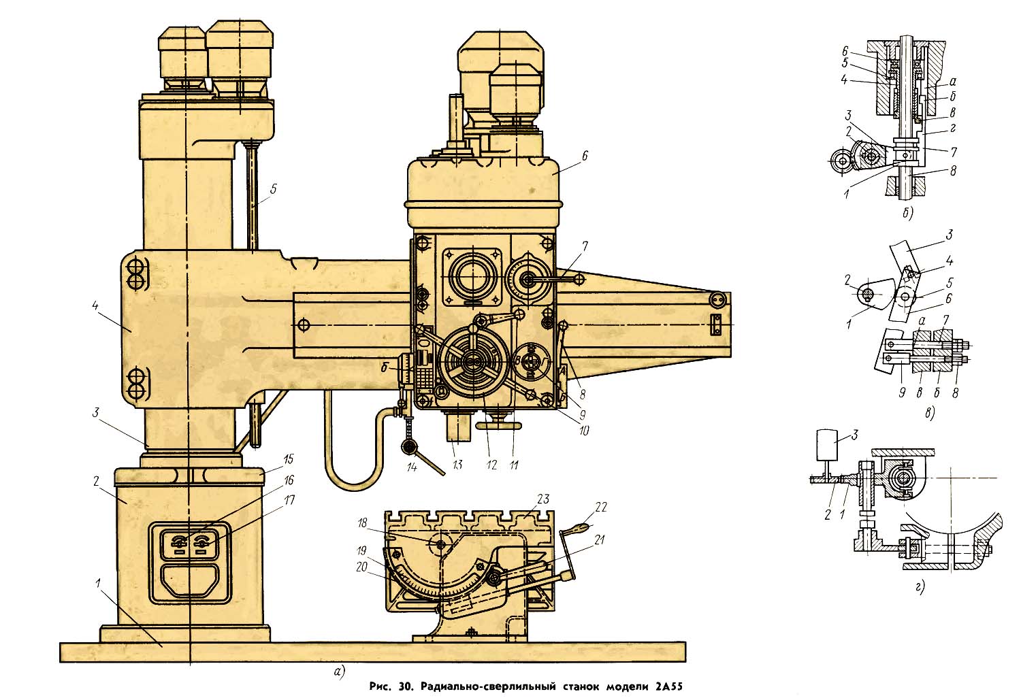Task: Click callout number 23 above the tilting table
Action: (543, 499)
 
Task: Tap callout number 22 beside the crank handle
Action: (601, 507)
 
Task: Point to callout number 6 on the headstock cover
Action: (584, 156)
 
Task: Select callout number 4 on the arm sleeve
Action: (95, 305)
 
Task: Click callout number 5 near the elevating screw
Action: (273, 189)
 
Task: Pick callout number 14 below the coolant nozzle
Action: (412, 467)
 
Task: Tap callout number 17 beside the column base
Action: (289, 500)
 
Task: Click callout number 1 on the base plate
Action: (99, 583)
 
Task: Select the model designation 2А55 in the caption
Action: (669, 686)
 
